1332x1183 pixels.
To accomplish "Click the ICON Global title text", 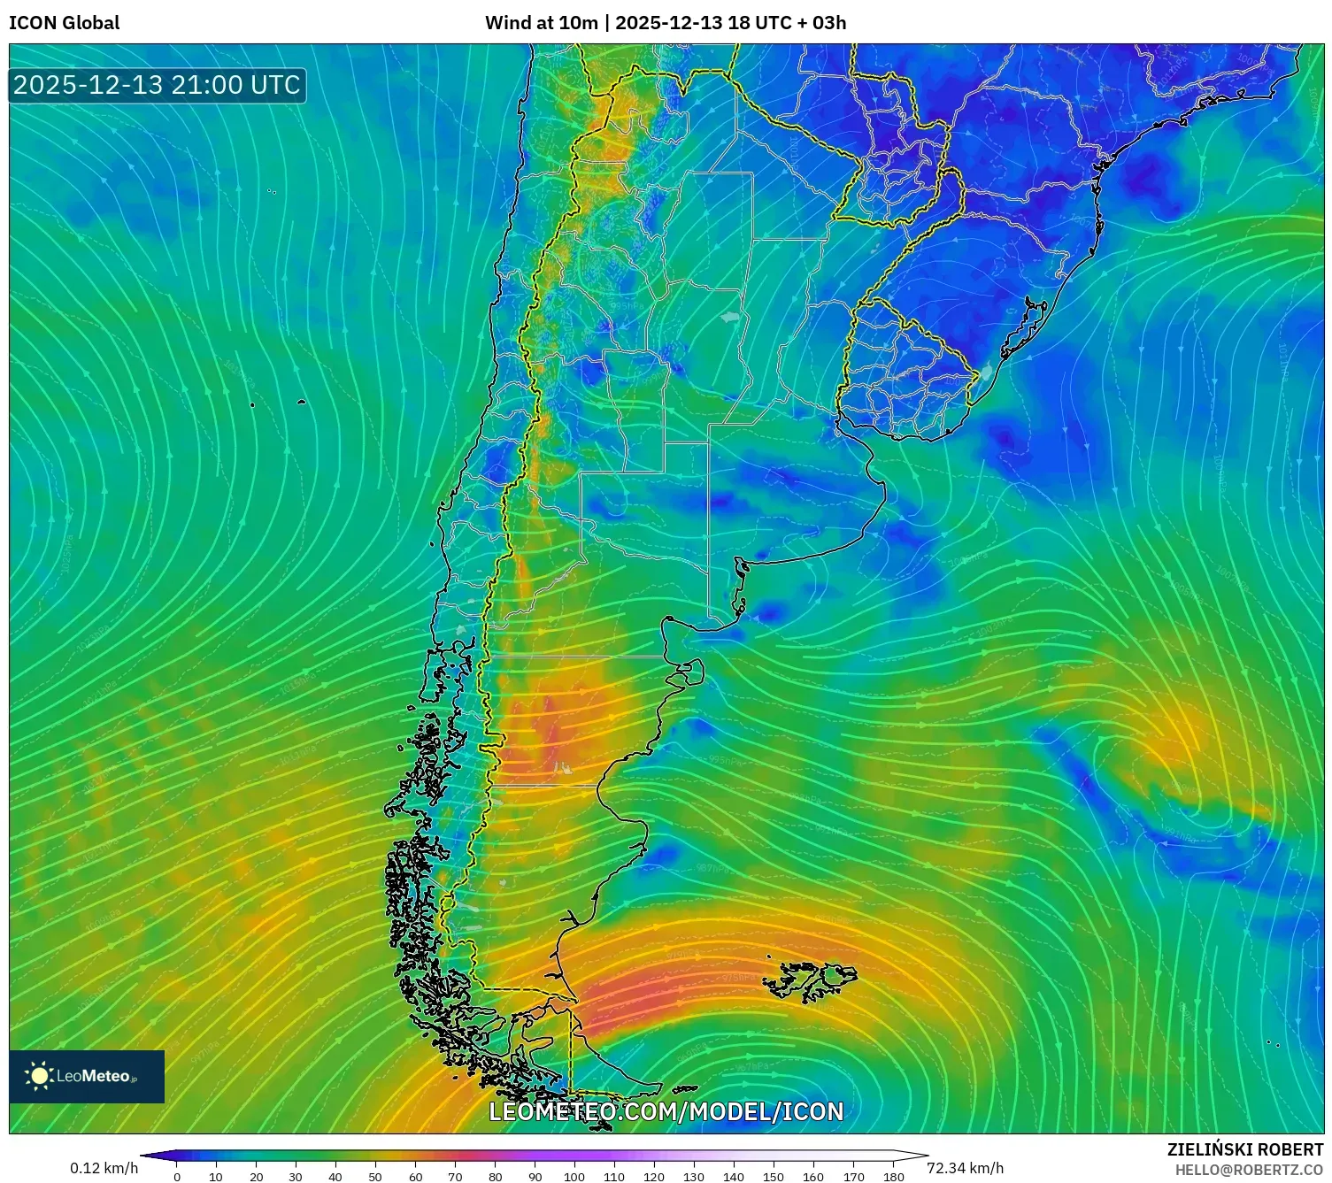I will [x=64, y=23].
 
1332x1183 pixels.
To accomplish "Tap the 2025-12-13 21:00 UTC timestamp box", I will [x=157, y=85].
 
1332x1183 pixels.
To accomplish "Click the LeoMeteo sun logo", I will [x=40, y=1075].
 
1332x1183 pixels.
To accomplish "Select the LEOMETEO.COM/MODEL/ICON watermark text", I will [x=666, y=1111].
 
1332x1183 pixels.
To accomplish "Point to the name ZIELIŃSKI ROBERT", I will [x=1244, y=1149].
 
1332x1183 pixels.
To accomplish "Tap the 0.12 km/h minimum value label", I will [x=104, y=1168].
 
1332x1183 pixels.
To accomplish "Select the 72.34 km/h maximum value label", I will [x=965, y=1168].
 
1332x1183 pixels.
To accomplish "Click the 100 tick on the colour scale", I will [x=574, y=1177].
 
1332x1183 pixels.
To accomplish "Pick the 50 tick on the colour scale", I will [x=375, y=1177].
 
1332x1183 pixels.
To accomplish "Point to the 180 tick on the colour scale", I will [x=893, y=1177].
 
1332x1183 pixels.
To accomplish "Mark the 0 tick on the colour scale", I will [x=177, y=1177].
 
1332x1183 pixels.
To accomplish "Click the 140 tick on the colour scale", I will [x=734, y=1177].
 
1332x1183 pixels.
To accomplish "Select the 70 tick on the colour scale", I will [x=455, y=1177].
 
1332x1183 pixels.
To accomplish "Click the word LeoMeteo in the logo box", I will [x=94, y=1076].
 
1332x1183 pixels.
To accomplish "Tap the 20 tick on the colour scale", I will [x=257, y=1177].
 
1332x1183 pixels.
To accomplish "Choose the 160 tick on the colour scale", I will [x=813, y=1177].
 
